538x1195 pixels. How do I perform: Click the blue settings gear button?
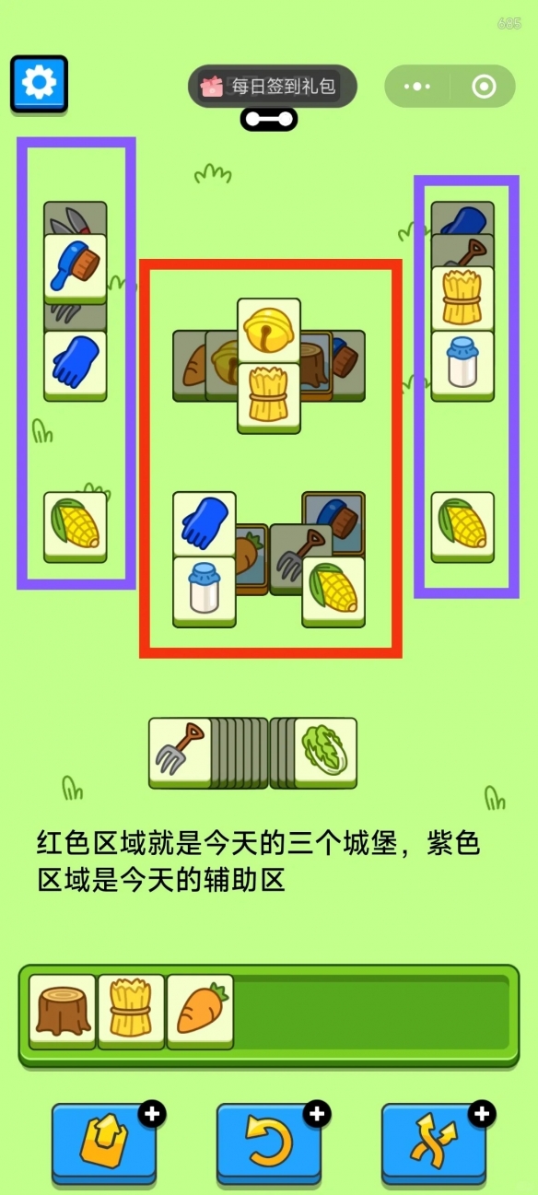pos(39,84)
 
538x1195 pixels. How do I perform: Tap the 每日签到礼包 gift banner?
pos(272,86)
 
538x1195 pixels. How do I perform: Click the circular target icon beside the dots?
pos(484,87)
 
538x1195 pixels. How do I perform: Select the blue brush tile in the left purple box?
pos(76,269)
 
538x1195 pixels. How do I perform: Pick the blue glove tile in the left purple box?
pos(76,366)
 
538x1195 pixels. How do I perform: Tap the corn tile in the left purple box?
pos(76,527)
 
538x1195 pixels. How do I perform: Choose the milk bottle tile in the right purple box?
pos(462,366)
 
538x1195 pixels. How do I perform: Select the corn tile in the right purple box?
pos(462,527)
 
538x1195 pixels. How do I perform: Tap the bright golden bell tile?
pos(269,332)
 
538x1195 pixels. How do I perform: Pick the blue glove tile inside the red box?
pos(205,524)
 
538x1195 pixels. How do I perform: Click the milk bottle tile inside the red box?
pos(205,592)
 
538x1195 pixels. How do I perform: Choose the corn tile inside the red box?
pos(333,592)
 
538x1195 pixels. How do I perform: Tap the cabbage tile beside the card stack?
pos(325,752)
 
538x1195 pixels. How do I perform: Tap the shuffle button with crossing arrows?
pos(434,1142)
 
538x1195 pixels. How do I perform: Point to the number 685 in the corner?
pos(509,23)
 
